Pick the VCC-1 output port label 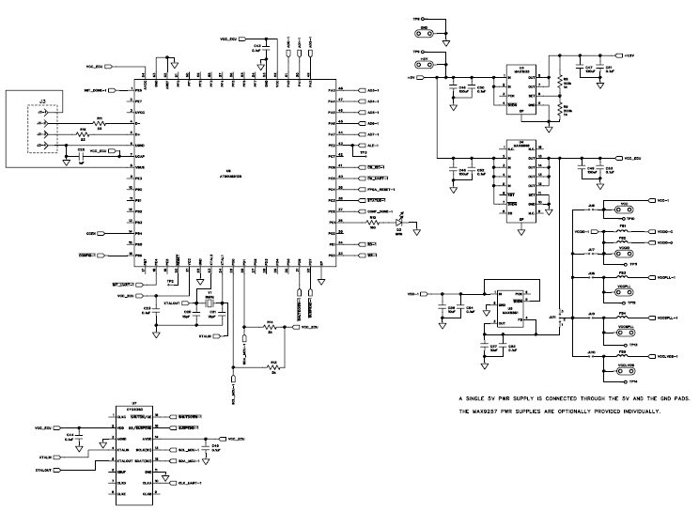(x=663, y=201)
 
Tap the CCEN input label (x=91, y=232)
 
